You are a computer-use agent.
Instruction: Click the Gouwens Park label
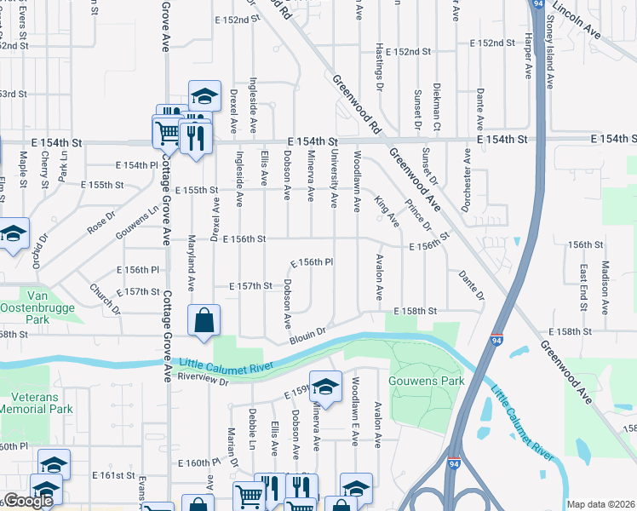point(427,381)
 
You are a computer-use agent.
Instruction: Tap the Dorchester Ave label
point(466,180)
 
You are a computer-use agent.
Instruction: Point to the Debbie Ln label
point(253,423)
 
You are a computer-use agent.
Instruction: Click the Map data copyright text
point(600,504)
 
